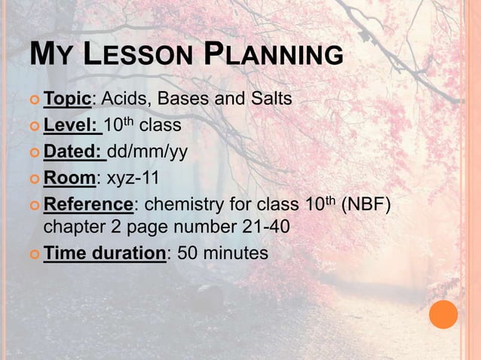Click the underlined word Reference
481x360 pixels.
coord(88,204)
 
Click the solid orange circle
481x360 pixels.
coord(443,315)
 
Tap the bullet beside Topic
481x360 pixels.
coord(35,99)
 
